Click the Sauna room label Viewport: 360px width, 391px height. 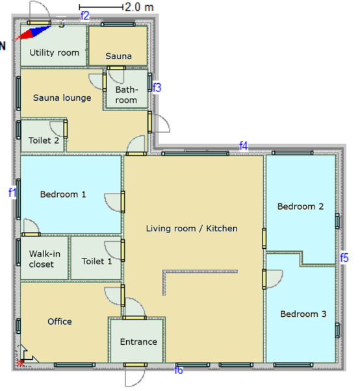point(118,56)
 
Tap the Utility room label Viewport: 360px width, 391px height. point(55,53)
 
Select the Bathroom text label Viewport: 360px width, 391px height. point(126,95)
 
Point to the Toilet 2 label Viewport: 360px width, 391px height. point(44,140)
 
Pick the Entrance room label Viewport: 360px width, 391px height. point(138,342)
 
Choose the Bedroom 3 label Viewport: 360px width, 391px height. point(303,314)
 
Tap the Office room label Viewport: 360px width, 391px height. point(60,322)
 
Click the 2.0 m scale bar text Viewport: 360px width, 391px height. point(139,7)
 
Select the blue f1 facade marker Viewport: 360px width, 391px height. point(12,192)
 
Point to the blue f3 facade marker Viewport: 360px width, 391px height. point(157,88)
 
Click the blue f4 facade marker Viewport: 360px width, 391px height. point(244,146)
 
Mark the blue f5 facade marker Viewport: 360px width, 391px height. point(344,258)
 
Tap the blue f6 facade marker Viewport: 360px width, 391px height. point(179,370)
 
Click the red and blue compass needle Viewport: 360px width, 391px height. point(33,32)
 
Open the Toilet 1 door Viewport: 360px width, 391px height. point(123,250)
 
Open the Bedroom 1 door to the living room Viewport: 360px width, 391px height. point(123,202)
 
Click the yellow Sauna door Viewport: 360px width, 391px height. point(116,68)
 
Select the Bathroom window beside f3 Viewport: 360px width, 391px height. point(149,82)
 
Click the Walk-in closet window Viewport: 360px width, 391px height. point(18,253)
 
